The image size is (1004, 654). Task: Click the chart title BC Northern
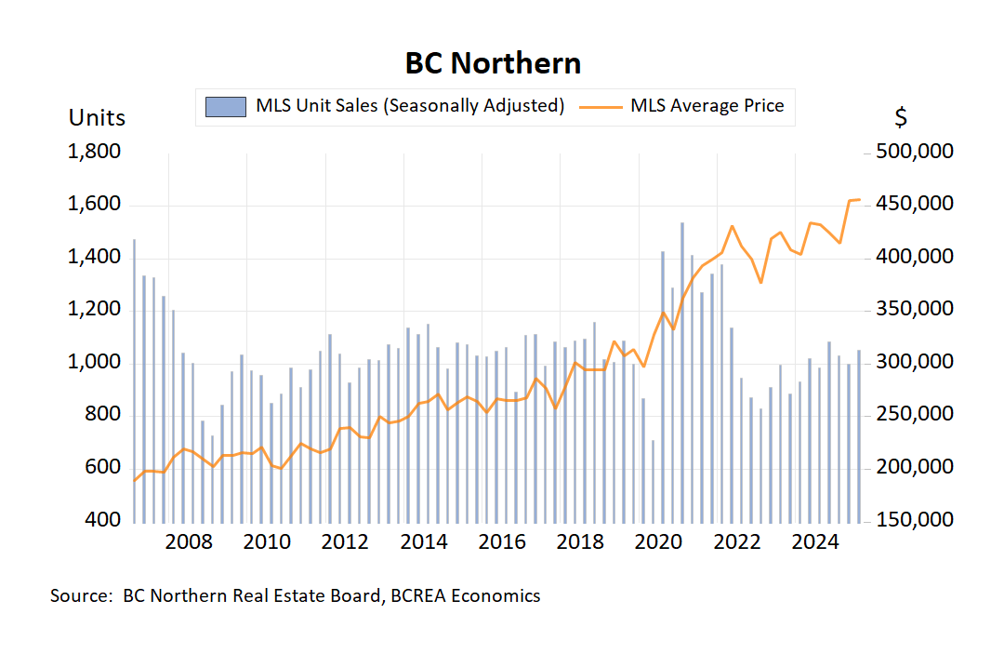pyautogui.click(x=493, y=63)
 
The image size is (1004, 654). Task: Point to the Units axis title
pyautogui.click(x=98, y=118)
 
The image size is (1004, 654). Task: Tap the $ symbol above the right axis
pyautogui.click(x=901, y=118)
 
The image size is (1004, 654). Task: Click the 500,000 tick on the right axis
pyautogui.click(x=915, y=152)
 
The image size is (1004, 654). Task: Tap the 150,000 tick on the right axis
pyautogui.click(x=915, y=519)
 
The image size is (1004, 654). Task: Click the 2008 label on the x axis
pyautogui.click(x=190, y=542)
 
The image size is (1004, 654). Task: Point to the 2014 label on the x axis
pyautogui.click(x=424, y=542)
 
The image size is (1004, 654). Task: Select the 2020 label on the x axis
pyautogui.click(x=658, y=542)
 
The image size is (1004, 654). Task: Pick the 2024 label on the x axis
pyautogui.click(x=814, y=542)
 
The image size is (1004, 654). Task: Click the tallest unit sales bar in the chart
pyautogui.click(x=682, y=372)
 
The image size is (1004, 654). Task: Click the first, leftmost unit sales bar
pyautogui.click(x=134, y=381)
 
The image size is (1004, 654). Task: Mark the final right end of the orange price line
pyautogui.click(x=859, y=200)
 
